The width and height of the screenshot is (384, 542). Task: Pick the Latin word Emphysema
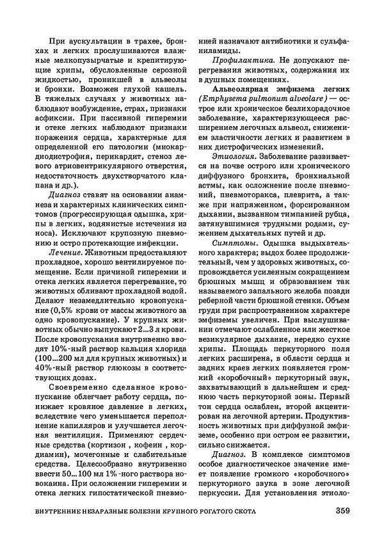(x=229, y=97)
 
